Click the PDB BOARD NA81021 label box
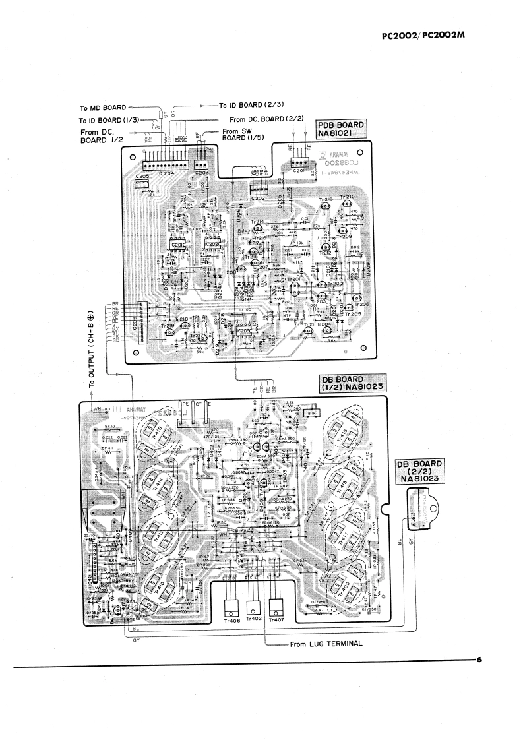(341, 129)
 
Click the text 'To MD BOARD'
(102, 107)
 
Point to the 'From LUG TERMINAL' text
(326, 644)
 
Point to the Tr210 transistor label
(347, 197)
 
